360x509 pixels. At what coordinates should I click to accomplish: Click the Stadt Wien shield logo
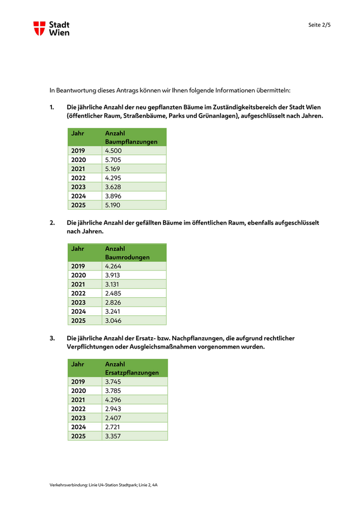click(39, 28)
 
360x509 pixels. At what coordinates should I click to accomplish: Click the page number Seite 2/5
click(319, 25)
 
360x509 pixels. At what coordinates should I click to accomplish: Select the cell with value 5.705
click(113, 160)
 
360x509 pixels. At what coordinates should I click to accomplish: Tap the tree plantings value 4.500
click(114, 151)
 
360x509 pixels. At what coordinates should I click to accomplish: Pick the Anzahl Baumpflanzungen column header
click(131, 137)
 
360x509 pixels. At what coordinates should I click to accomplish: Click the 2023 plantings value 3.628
click(113, 187)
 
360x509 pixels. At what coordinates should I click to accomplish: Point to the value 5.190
click(113, 205)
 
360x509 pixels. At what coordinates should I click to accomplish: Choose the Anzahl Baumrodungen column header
click(127, 252)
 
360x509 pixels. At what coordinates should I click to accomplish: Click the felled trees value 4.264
click(113, 266)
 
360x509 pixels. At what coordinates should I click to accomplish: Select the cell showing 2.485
click(113, 293)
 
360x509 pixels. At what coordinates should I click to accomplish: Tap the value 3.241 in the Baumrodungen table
click(113, 311)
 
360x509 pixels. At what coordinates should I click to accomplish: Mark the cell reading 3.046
click(113, 320)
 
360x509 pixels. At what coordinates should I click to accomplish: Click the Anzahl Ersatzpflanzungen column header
click(132, 368)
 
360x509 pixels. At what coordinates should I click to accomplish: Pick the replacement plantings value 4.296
click(113, 399)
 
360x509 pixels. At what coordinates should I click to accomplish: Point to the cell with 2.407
click(113, 417)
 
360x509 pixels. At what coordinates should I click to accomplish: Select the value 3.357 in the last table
click(113, 436)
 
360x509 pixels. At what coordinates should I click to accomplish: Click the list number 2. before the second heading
click(52, 223)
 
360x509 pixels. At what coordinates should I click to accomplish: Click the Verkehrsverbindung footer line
click(103, 485)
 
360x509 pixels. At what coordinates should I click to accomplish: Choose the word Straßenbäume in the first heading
click(145, 116)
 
